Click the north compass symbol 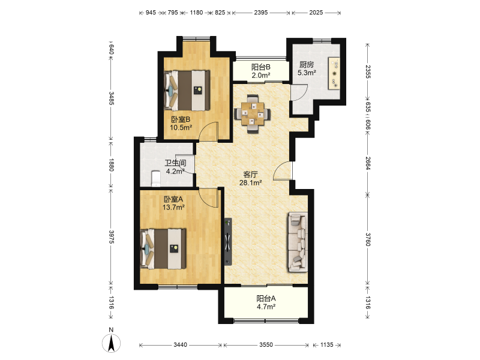pos(111,343)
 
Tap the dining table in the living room pos(252,114)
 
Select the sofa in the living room pos(297,242)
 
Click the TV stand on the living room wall pos(228,242)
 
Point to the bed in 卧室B pos(187,91)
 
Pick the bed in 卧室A pos(163,249)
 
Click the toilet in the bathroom pos(156,179)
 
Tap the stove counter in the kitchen pos(334,73)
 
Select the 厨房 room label pos(307,65)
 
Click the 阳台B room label pos(261,67)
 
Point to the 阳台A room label pos(266,298)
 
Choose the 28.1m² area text pos(250,183)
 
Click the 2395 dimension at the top pos(261,13)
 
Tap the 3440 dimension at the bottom pos(181,345)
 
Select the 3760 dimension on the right pos(368,239)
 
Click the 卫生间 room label pos(175,163)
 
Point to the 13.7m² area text pos(173,208)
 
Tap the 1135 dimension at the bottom pos(326,345)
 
